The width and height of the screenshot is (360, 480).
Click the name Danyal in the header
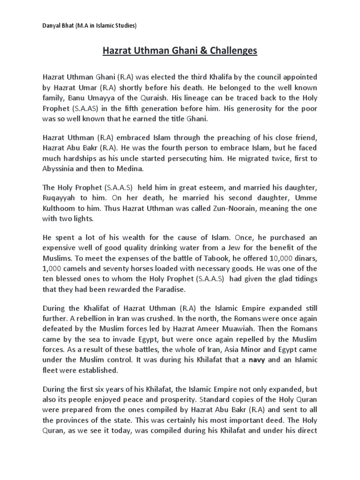click(x=52, y=26)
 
